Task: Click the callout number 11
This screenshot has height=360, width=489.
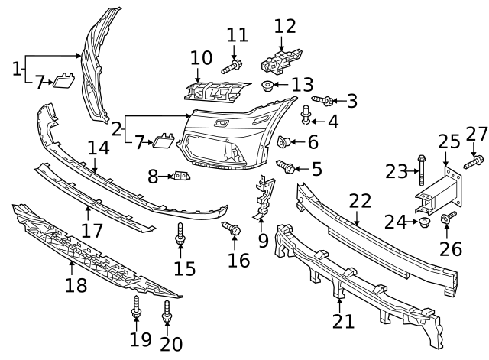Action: click(238, 35)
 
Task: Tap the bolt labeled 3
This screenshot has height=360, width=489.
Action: click(322, 100)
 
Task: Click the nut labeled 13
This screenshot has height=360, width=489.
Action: click(268, 86)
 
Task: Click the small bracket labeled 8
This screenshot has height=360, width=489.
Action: click(180, 177)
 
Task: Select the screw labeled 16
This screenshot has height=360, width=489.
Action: click(232, 228)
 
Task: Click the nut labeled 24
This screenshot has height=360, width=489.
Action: click(426, 222)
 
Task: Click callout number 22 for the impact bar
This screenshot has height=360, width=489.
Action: click(360, 202)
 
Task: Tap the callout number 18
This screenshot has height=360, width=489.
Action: click(76, 286)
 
